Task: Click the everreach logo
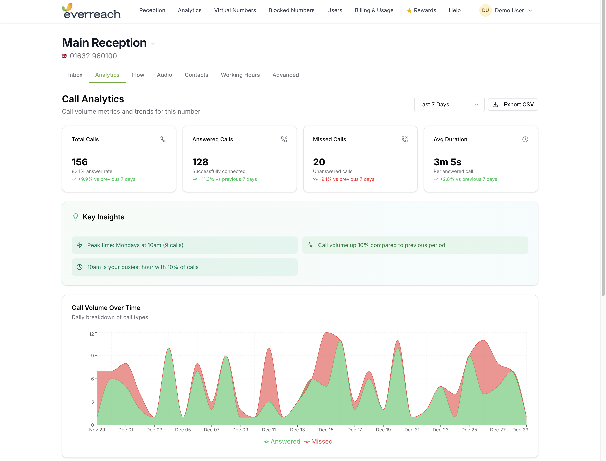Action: pyautogui.click(x=91, y=11)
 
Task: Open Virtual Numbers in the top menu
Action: pyautogui.click(x=235, y=10)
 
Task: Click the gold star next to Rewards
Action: pyautogui.click(x=409, y=10)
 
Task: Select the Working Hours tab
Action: pyautogui.click(x=240, y=75)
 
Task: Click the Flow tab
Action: pyautogui.click(x=138, y=75)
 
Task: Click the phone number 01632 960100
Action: pyautogui.click(x=93, y=56)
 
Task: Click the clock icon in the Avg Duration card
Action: pyautogui.click(x=525, y=139)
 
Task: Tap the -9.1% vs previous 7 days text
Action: pyautogui.click(x=346, y=179)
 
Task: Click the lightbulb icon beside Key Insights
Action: pyautogui.click(x=75, y=217)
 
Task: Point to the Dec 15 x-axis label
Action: pyautogui.click(x=326, y=430)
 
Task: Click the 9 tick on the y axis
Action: pyautogui.click(x=92, y=356)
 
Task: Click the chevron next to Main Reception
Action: pyautogui.click(x=153, y=44)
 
